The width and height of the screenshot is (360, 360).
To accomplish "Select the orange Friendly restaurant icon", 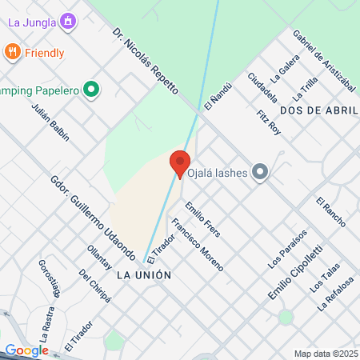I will (12, 53).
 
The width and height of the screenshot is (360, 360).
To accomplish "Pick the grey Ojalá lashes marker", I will (259, 172).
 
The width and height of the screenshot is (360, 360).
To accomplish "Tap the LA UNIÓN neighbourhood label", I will (144, 274).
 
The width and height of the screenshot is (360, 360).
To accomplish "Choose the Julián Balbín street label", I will (50, 122).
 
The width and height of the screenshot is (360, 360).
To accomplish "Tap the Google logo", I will (26, 350).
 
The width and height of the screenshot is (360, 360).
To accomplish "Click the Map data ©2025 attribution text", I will (326, 353).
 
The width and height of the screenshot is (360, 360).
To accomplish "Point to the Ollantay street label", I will (100, 258).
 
